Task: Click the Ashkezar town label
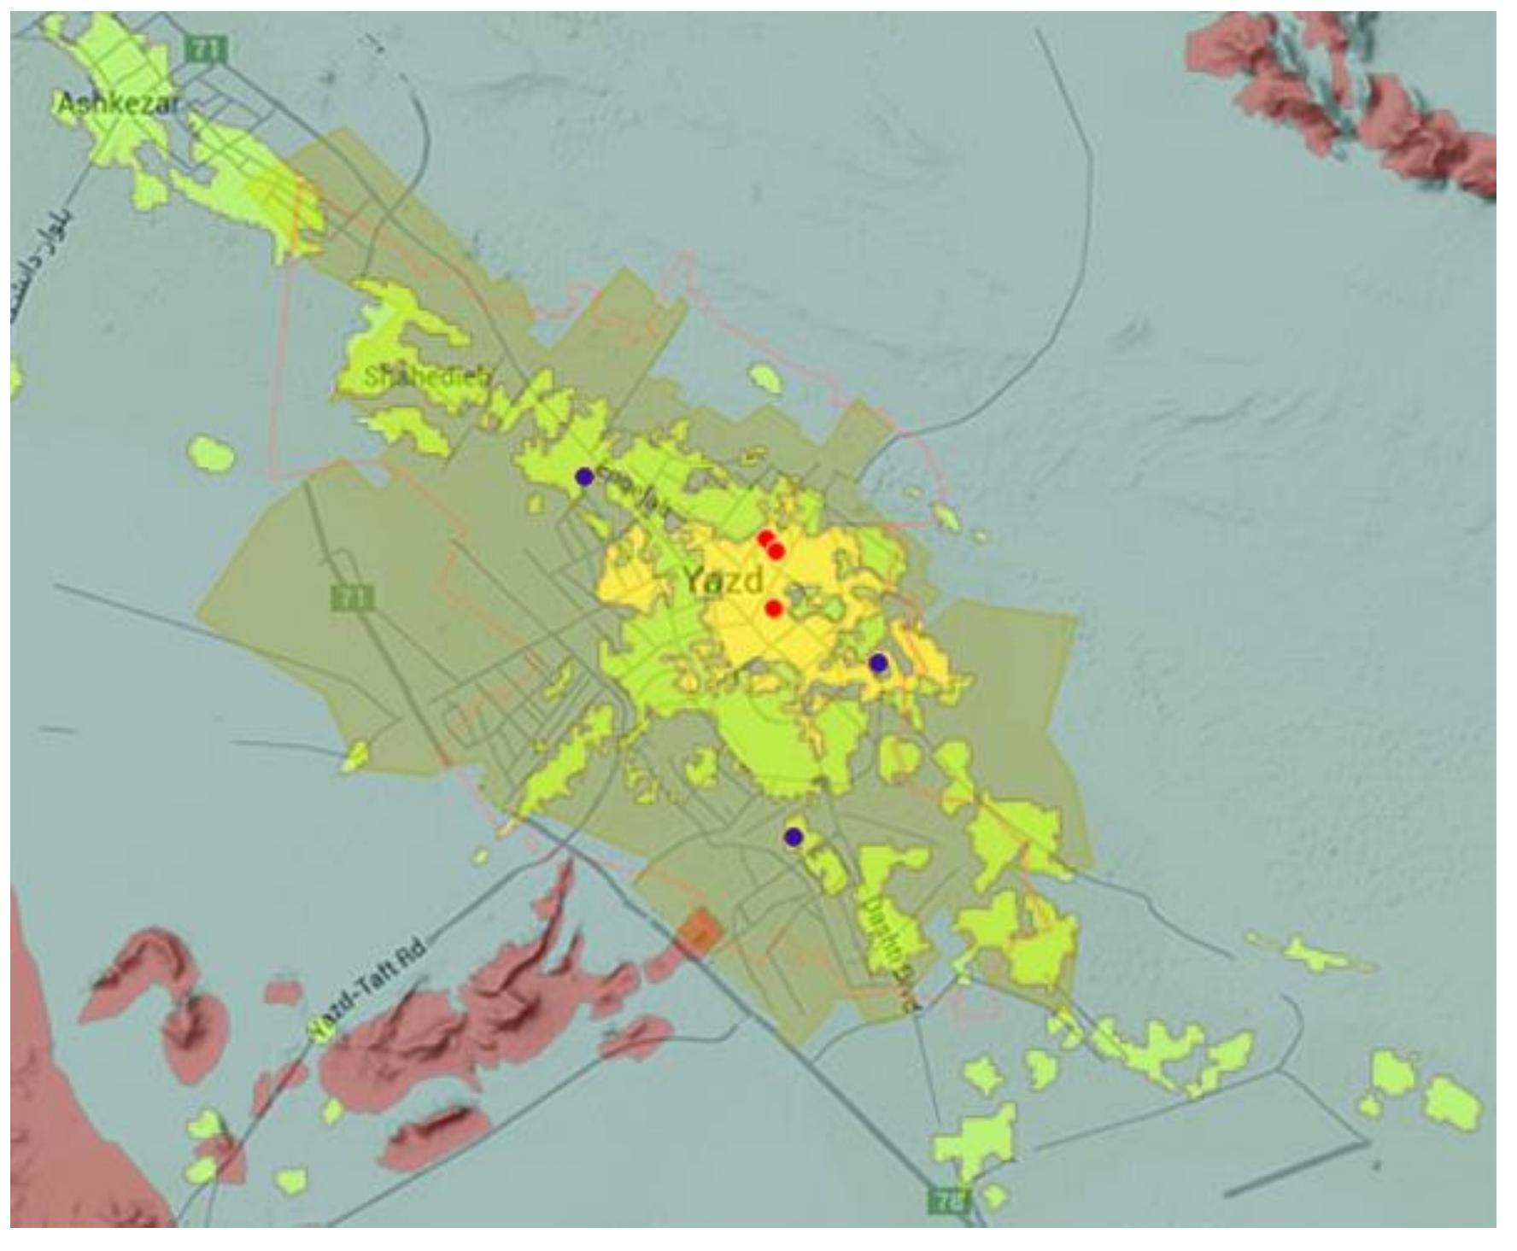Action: click(119, 104)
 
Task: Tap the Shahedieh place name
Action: click(427, 377)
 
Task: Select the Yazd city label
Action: click(723, 582)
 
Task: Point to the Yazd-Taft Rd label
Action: click(367, 989)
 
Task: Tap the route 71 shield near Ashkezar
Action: click(206, 50)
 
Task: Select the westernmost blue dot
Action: click(584, 476)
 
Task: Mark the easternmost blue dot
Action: click(878, 663)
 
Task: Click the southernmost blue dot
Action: click(794, 836)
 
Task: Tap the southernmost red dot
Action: click(774, 608)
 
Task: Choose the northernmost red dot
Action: click(765, 538)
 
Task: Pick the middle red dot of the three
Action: click(776, 552)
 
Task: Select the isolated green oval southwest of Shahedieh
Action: click(211, 453)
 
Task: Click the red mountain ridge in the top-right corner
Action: click(1350, 94)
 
